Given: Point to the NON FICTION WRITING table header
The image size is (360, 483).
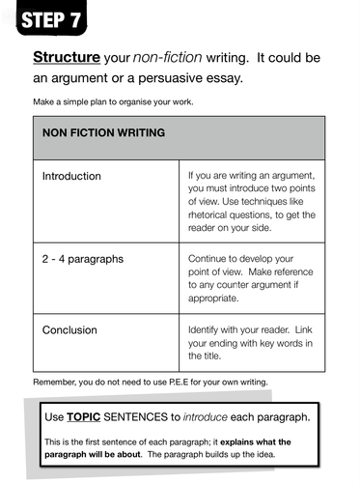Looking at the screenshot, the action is pyautogui.click(x=102, y=131).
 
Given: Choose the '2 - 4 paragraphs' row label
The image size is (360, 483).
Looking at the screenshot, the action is pyautogui.click(x=83, y=260).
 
